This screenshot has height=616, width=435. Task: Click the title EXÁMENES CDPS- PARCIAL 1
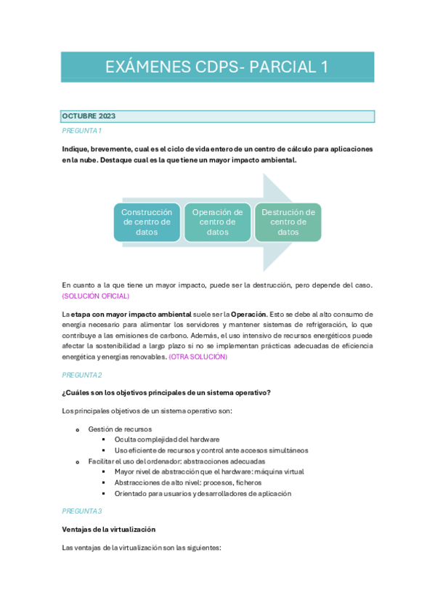click(x=216, y=68)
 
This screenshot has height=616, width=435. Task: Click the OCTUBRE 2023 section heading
click(x=89, y=116)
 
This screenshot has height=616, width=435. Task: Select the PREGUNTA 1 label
click(x=81, y=131)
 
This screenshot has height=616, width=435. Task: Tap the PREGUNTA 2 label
click(x=81, y=375)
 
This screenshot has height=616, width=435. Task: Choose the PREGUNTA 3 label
click(x=81, y=511)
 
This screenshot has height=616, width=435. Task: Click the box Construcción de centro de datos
click(x=147, y=222)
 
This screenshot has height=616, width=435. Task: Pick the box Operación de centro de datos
click(x=217, y=222)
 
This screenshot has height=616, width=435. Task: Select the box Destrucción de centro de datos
click(x=288, y=222)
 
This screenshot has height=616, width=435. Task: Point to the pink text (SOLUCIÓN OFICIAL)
click(x=96, y=296)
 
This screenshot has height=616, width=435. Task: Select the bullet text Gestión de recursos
click(x=120, y=429)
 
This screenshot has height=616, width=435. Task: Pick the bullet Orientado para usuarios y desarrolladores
click(x=203, y=493)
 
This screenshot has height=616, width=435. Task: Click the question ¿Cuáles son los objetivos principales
click(x=167, y=393)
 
